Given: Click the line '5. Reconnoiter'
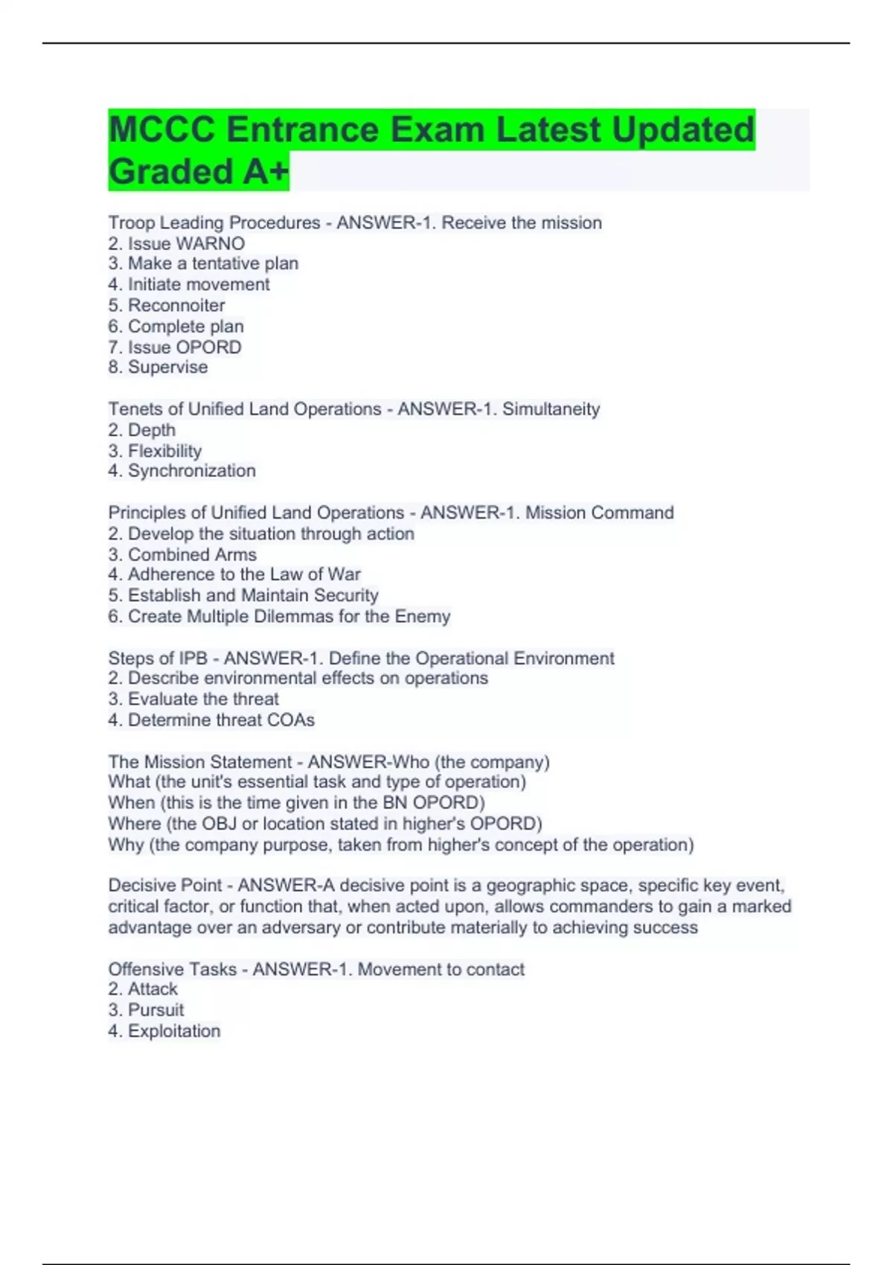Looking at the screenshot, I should click(x=167, y=305).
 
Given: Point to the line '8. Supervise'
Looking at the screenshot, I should click(x=158, y=367).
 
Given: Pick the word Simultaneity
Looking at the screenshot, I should click(x=551, y=409).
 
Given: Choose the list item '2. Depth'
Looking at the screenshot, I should click(x=142, y=430).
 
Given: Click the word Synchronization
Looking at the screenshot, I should click(x=192, y=471).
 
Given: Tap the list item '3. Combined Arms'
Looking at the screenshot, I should click(x=182, y=554).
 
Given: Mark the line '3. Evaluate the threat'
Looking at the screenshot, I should click(x=193, y=699).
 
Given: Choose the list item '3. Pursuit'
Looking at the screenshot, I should click(x=146, y=1010).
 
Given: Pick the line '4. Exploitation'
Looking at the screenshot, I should click(x=164, y=1031).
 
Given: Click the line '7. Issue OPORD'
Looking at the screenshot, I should click(x=175, y=347).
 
